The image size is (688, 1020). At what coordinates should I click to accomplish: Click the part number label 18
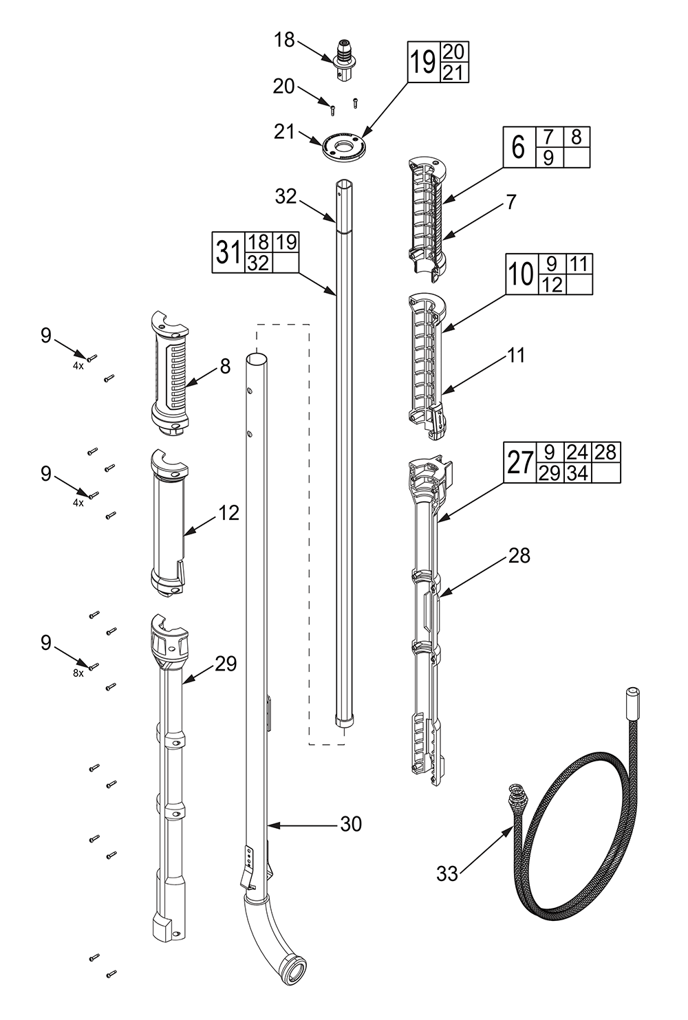pyautogui.click(x=284, y=41)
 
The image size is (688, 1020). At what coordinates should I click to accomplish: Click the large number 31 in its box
pyautogui.click(x=227, y=252)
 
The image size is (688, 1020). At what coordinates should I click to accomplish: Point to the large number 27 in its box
pyautogui.click(x=521, y=462)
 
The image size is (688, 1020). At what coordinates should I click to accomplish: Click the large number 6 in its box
pyautogui.click(x=518, y=147)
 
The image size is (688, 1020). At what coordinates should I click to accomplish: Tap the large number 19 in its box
pyautogui.click(x=423, y=63)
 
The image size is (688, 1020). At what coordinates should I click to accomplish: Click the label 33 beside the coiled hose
pyautogui.click(x=447, y=874)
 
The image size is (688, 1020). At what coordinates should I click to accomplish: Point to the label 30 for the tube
pyautogui.click(x=351, y=823)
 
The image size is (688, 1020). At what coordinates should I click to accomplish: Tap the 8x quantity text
pyautogui.click(x=78, y=673)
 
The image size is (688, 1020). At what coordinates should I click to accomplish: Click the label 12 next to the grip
pyautogui.click(x=229, y=512)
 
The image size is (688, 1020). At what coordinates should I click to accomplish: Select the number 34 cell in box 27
pyautogui.click(x=577, y=473)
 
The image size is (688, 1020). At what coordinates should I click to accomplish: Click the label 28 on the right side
pyautogui.click(x=519, y=555)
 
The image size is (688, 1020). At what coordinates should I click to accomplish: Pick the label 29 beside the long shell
pyautogui.click(x=226, y=664)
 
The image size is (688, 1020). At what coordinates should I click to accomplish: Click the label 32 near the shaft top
pyautogui.click(x=286, y=197)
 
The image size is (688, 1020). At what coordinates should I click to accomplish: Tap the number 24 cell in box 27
pyautogui.click(x=577, y=452)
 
